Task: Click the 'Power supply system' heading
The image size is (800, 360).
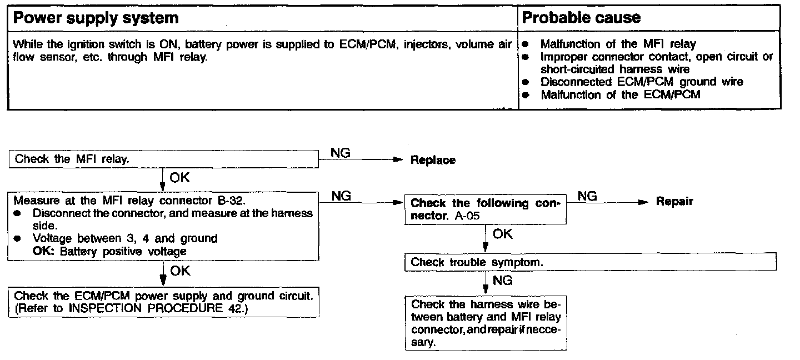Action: pos(96,18)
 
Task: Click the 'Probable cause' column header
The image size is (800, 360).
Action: pos(582,18)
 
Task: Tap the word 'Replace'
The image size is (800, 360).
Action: pos(433,161)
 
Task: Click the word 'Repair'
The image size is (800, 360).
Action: pos(674,202)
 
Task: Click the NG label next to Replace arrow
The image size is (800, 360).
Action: pos(340,153)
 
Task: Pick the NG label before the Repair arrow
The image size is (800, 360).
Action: pos(587,196)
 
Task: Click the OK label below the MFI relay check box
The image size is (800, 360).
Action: pos(179,178)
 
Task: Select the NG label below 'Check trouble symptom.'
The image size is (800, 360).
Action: pos(502,281)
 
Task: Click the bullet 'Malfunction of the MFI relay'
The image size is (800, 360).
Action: pos(618,44)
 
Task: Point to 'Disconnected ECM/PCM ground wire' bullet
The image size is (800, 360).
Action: pos(642,82)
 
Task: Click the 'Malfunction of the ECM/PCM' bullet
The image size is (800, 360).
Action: pos(621,94)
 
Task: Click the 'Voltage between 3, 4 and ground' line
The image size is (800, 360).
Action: pos(125,238)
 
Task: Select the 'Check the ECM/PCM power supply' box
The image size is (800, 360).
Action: pos(163,302)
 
